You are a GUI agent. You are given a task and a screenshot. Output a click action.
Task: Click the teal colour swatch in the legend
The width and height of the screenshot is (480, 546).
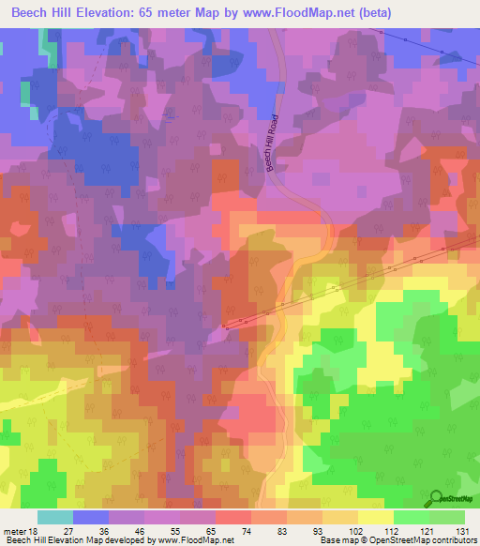point(55,517)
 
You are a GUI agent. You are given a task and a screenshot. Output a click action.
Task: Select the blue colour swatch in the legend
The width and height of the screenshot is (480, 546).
point(91,517)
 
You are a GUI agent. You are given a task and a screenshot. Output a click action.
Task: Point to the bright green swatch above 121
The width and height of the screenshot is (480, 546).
point(412,517)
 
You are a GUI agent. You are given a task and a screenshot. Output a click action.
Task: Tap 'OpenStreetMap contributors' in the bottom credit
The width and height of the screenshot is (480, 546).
point(427,540)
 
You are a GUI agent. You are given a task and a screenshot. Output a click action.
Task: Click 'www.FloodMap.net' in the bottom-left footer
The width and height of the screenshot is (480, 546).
point(197,540)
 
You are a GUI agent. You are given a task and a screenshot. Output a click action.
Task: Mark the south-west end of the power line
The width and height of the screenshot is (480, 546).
point(225,327)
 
